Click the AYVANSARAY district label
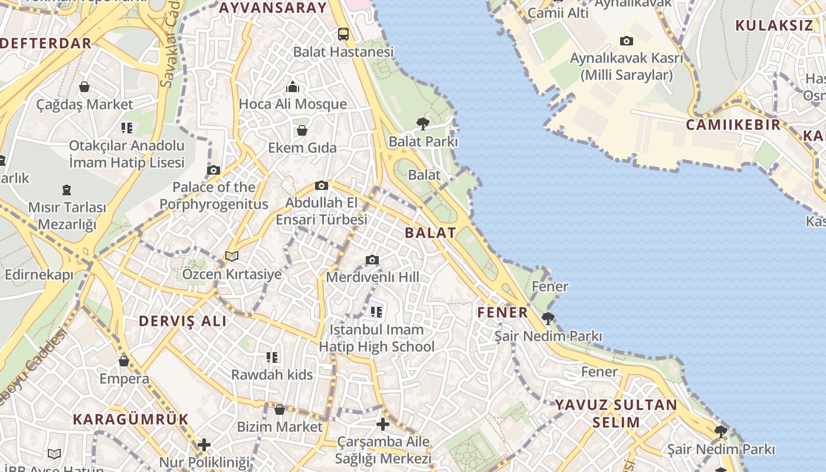tap(273, 8)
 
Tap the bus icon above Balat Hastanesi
tap(343, 34)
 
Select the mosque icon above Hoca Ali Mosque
tap(293, 87)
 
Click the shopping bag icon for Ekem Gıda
tap(302, 130)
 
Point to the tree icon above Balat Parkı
tap(422, 123)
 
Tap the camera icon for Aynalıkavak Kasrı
tap(626, 41)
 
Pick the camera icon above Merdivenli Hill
tap(372, 260)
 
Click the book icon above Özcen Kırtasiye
tap(232, 256)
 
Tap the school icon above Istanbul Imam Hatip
tap(376, 311)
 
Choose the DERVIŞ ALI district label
tap(182, 321)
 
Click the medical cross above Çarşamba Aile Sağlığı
tap(383, 424)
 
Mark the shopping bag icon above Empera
tap(124, 360)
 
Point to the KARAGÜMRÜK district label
tap(130, 419)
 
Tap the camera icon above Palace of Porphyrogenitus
tap(214, 170)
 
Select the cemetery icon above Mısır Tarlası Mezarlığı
tap(67, 190)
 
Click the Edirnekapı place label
tap(39, 275)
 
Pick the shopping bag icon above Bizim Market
tap(280, 409)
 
